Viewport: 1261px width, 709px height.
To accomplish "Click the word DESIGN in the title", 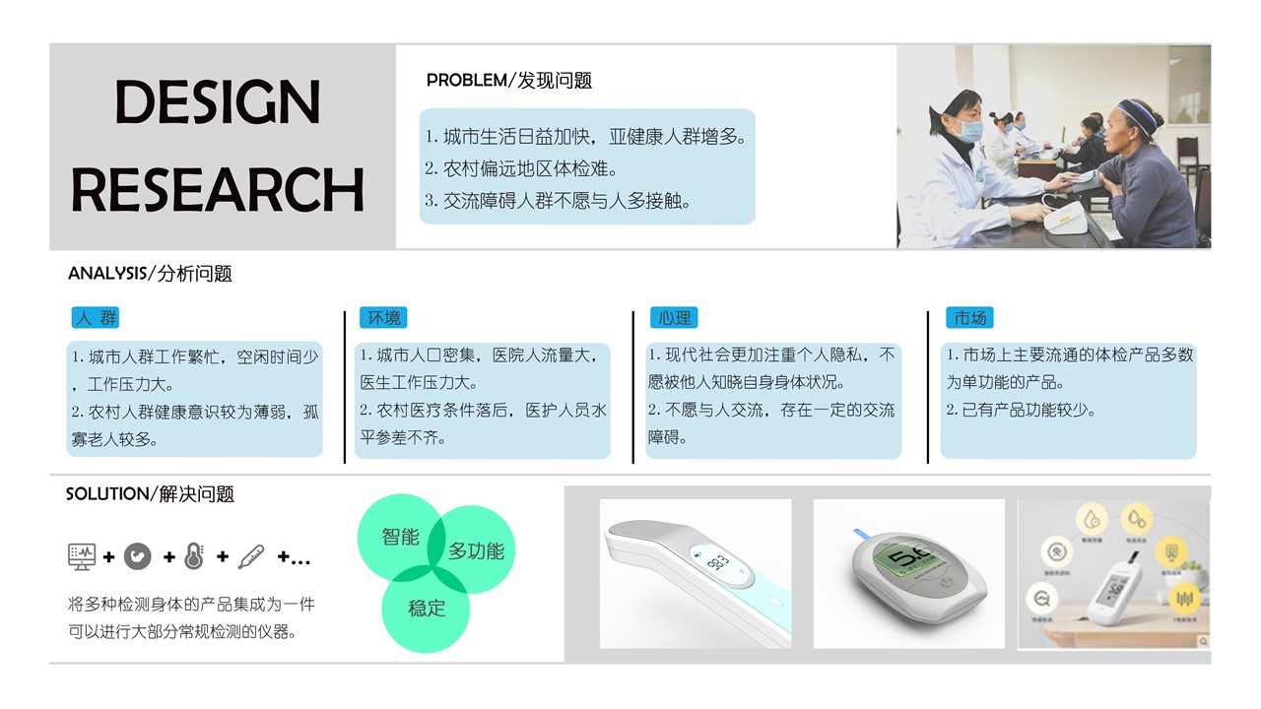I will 218,101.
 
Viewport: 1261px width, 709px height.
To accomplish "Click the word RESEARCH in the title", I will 218,190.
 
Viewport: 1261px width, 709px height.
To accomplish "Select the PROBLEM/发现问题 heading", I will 508,81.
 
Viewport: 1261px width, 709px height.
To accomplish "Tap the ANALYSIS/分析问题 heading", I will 150,274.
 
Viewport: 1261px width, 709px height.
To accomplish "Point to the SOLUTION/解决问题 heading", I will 150,493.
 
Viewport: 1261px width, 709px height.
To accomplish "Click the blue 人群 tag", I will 96,318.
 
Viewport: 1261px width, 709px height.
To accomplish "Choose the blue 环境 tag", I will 383,318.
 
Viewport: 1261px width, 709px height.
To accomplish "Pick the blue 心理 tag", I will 675,318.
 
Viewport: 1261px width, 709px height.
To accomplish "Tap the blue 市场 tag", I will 969,318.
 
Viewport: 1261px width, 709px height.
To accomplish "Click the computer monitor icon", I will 82,556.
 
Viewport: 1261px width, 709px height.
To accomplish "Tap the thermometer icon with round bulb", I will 194,556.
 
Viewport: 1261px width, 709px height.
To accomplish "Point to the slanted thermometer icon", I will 251,556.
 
